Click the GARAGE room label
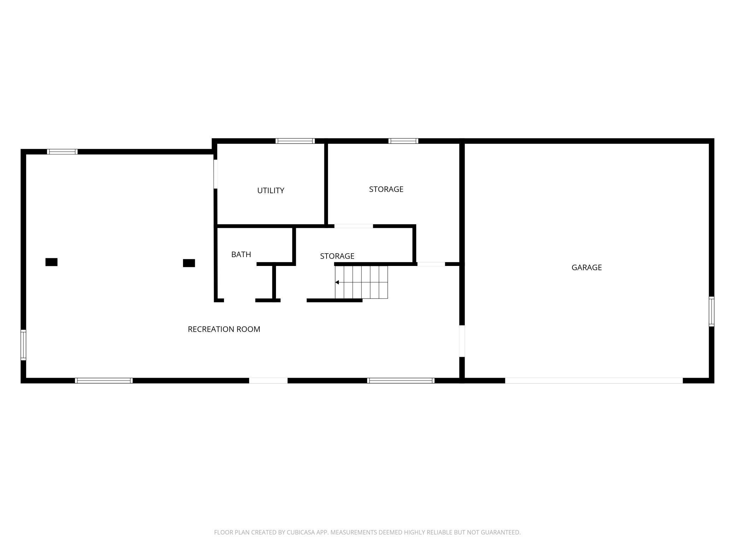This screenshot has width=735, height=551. (587, 267)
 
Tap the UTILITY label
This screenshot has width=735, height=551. (271, 190)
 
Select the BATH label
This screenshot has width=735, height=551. (241, 254)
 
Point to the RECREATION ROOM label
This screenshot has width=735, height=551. (224, 329)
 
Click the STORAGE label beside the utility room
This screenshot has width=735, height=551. (386, 189)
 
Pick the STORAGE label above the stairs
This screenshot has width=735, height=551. (337, 256)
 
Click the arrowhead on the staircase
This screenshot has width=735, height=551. (337, 282)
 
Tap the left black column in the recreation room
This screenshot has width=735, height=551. (52, 262)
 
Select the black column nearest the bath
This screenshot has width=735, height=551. (189, 263)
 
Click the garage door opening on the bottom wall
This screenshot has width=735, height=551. (594, 380)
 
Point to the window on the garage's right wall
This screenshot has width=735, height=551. (711, 312)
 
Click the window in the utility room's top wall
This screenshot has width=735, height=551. (295, 141)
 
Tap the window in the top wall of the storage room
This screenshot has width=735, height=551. (403, 141)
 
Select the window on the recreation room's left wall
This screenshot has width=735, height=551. (23, 345)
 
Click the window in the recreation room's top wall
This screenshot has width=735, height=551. (62, 152)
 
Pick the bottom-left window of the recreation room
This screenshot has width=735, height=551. (104, 380)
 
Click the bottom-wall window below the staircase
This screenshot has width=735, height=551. (401, 380)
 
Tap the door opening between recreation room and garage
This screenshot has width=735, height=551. (461, 341)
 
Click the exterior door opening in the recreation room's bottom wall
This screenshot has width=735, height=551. (268, 380)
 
